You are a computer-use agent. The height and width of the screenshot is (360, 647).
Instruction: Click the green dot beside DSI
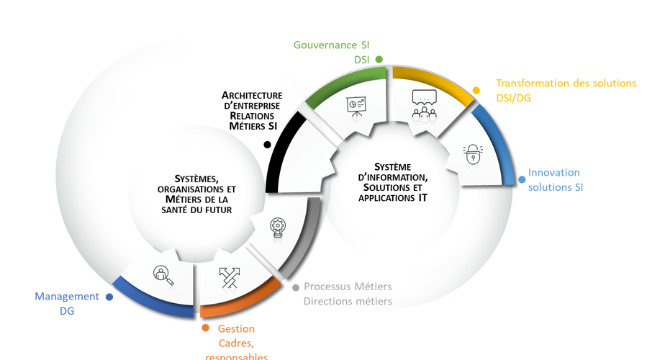[x=379, y=59]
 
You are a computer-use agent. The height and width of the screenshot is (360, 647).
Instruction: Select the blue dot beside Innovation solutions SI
[x=522, y=180]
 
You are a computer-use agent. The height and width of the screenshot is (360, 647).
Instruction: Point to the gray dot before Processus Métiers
[x=295, y=287]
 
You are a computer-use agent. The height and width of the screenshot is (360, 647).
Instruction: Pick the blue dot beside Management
[x=109, y=296]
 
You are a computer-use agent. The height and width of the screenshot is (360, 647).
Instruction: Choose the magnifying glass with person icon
[x=164, y=275]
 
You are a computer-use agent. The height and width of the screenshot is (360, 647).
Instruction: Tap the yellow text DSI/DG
[x=513, y=98]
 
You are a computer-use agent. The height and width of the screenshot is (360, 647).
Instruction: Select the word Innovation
[x=553, y=173]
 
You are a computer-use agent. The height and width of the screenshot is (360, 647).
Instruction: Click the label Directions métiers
[x=348, y=302]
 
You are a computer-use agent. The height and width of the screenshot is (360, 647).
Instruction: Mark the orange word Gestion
[x=236, y=329]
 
